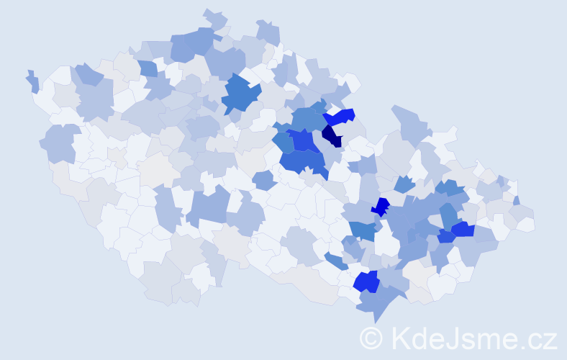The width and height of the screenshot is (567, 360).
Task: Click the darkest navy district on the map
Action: [332, 135]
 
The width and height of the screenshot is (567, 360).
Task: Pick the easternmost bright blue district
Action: [463, 230]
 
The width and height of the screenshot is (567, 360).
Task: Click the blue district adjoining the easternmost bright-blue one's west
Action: [446, 235]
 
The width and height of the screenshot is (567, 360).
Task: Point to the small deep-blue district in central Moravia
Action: [380, 207]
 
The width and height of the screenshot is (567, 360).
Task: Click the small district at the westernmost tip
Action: [32, 81]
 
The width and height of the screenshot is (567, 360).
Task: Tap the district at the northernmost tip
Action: [214, 17]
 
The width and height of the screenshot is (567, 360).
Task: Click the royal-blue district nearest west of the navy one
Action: [304, 140]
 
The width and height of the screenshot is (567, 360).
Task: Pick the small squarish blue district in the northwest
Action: [148, 69]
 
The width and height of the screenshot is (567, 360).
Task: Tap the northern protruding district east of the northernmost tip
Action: [268, 32]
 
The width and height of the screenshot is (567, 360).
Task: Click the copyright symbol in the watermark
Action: [371, 338]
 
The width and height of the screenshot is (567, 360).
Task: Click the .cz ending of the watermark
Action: [538, 338]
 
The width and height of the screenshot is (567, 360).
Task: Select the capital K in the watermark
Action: [399, 338]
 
